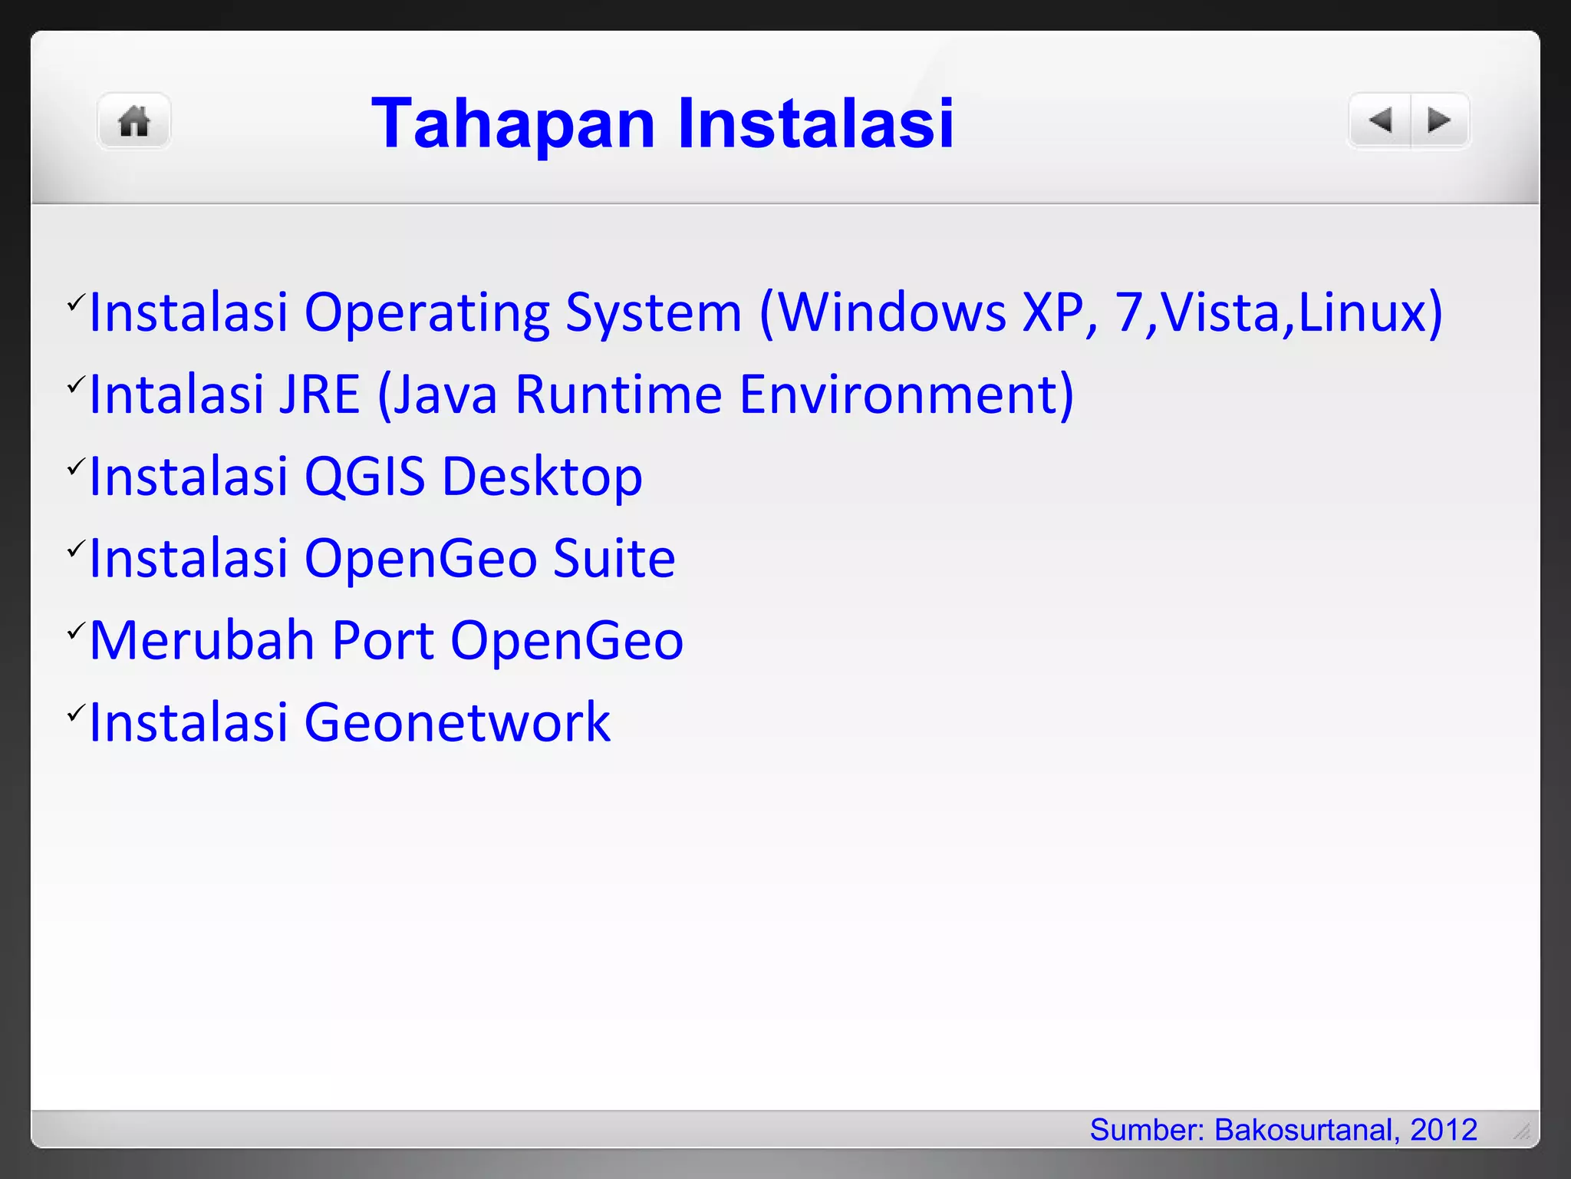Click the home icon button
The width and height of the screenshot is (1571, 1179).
tap(133, 121)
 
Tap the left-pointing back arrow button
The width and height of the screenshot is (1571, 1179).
tap(1380, 121)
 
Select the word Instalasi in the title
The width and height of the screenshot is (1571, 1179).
tap(815, 124)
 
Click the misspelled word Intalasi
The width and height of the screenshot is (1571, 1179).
tap(176, 395)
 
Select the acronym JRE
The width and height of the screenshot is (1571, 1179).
tap(319, 395)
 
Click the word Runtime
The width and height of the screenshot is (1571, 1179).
tap(618, 395)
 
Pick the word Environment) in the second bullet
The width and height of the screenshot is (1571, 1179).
tap(906, 395)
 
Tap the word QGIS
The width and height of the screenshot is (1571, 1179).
tap(364, 477)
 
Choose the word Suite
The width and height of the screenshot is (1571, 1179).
tap(614, 559)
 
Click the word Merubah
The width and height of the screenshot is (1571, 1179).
tap(202, 641)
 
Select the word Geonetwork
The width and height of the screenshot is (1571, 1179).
tap(457, 723)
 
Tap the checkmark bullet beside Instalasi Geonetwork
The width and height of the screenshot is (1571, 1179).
tap(74, 713)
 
